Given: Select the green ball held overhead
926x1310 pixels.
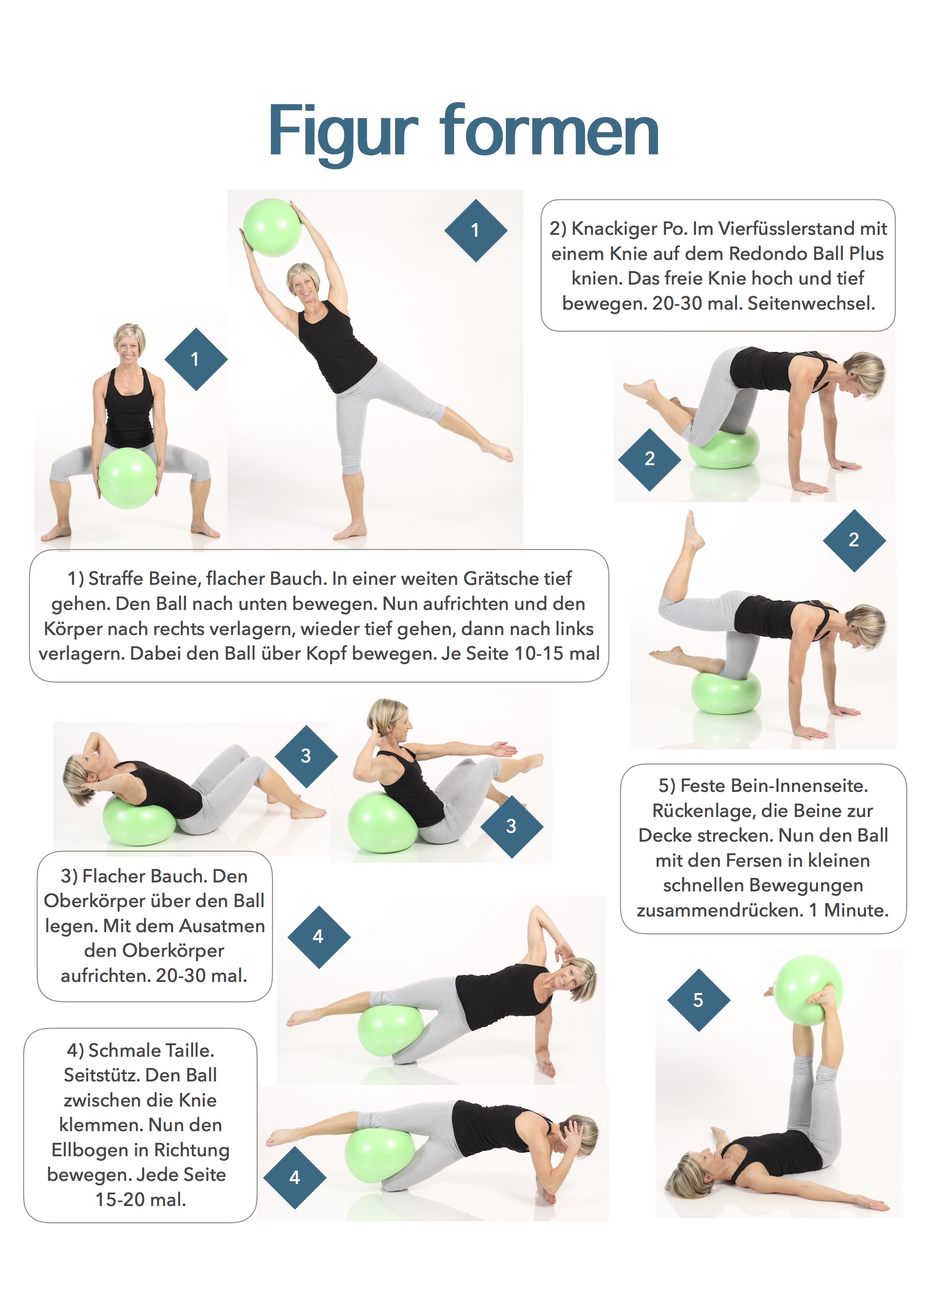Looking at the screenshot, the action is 272,227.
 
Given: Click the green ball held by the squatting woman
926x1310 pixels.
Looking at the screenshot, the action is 127,478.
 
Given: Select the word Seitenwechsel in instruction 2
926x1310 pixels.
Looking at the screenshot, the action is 811,303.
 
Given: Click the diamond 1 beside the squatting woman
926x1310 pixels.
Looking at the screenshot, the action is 195,359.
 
